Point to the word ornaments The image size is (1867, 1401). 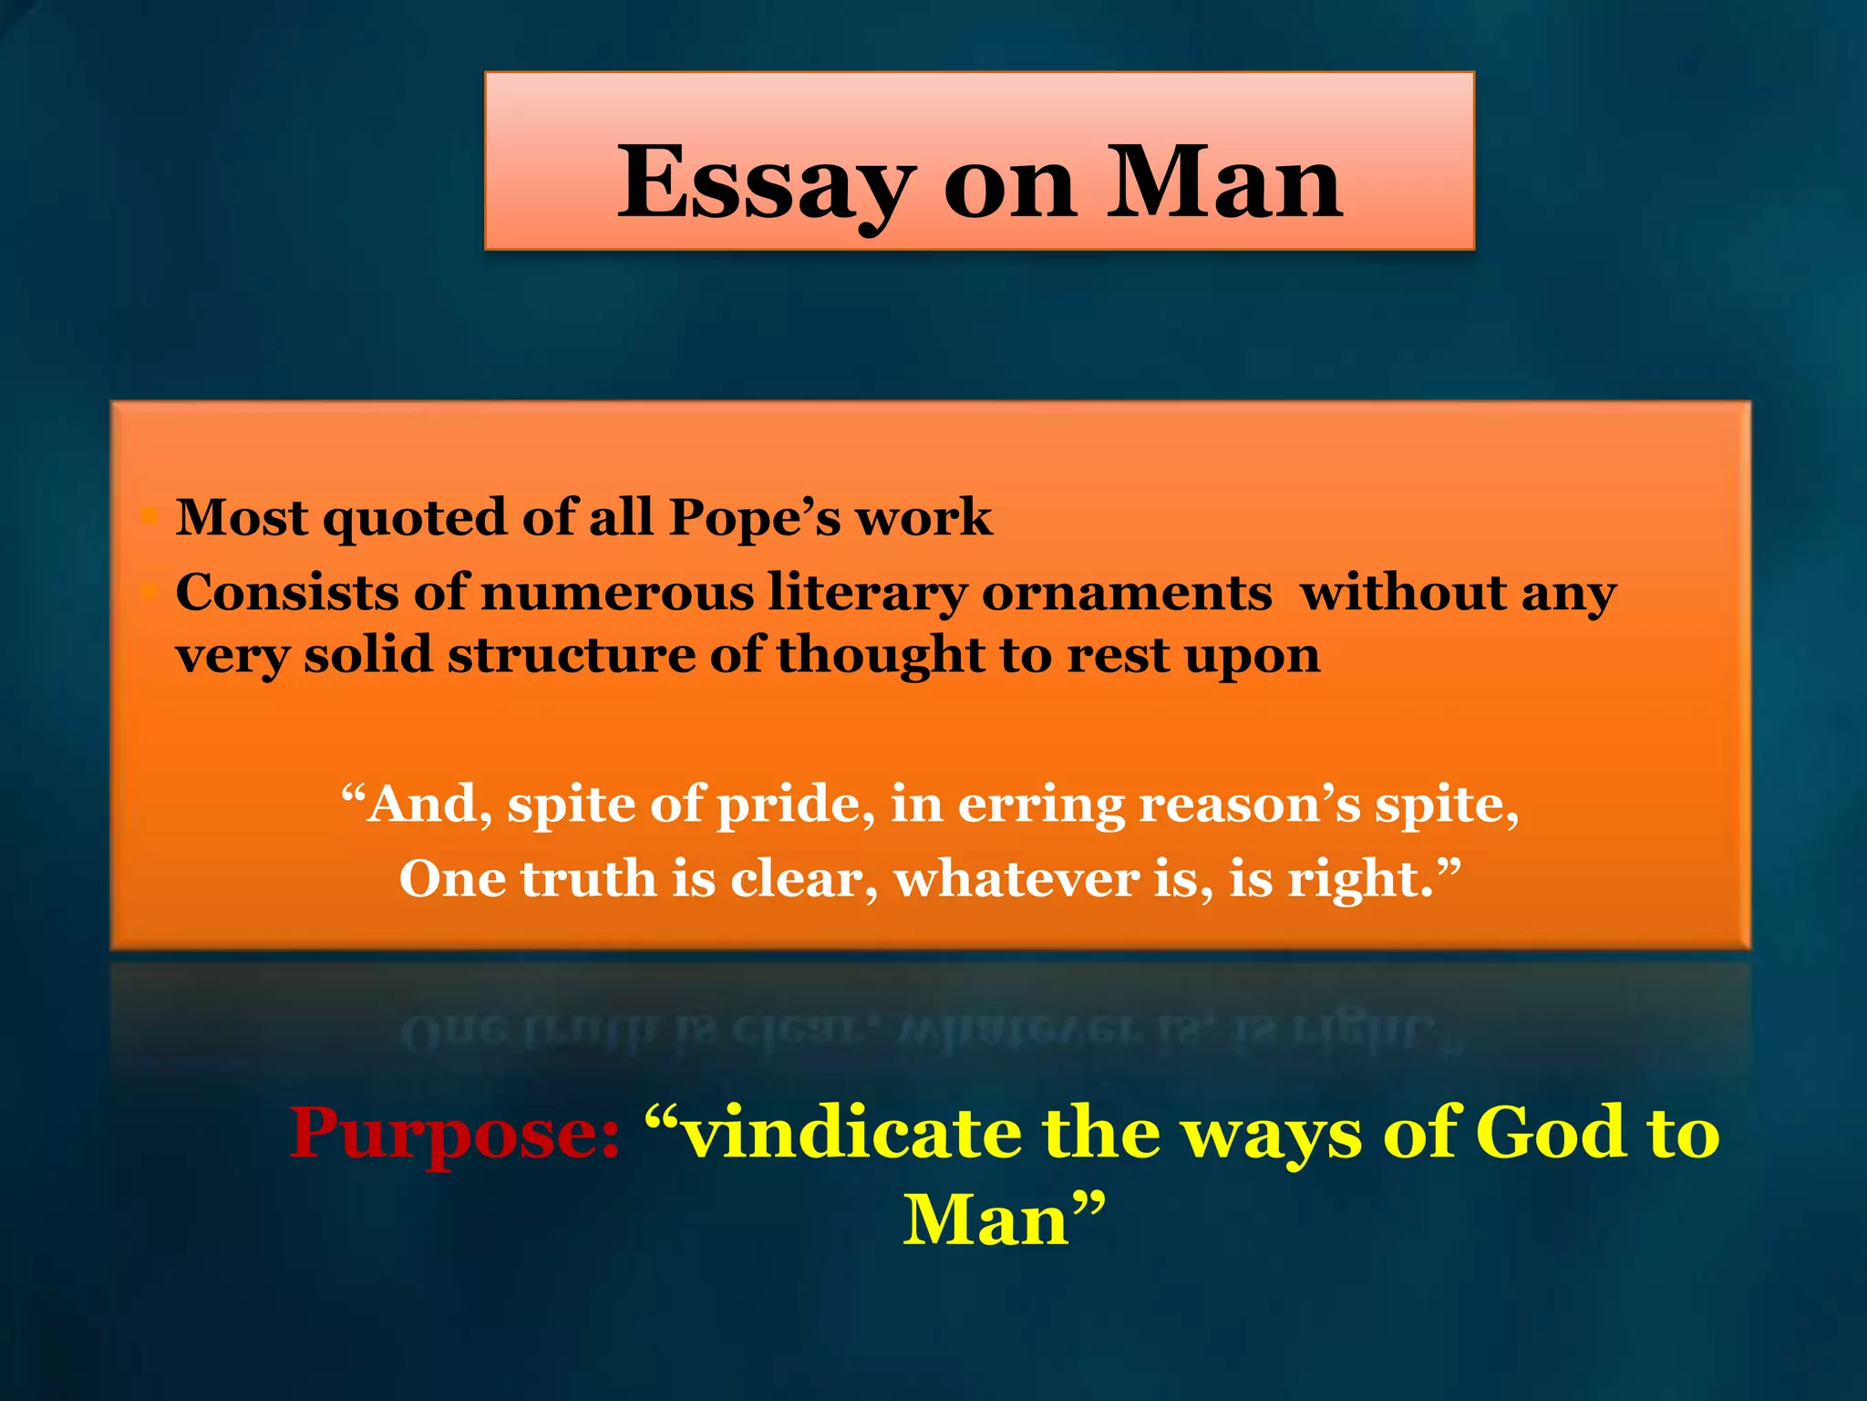pyautogui.click(x=1127, y=593)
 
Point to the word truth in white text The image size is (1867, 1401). pyautogui.click(x=589, y=879)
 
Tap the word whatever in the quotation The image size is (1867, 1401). pyautogui.click(x=1016, y=879)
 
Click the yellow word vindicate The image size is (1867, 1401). pyautogui.click(x=852, y=1132)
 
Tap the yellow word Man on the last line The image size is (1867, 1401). pyautogui.click(x=986, y=1219)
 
